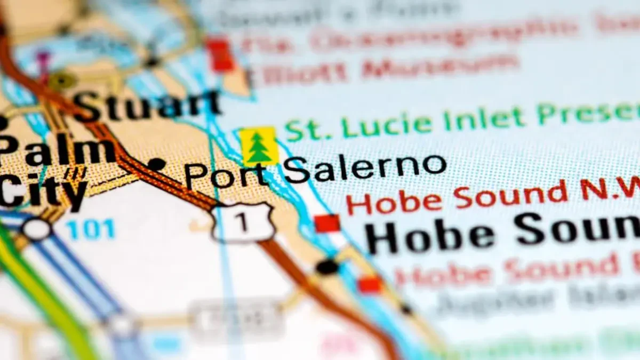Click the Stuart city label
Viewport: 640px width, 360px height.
coord(147,105)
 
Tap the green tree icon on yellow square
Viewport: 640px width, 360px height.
coord(259,146)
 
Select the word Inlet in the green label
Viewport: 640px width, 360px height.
coord(483,119)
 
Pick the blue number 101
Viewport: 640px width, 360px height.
coord(91,229)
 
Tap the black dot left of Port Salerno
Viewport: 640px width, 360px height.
coord(156,164)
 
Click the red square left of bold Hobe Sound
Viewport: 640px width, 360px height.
coord(327,223)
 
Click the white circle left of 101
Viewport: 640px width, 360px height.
coord(37,229)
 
